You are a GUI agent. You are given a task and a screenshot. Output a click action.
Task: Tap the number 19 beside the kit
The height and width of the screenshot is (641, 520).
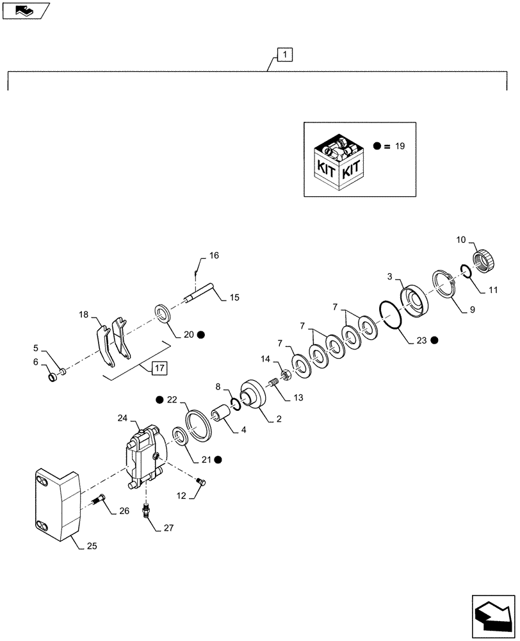click(400, 146)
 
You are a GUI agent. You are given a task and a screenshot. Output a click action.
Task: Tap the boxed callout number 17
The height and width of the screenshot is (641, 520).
click(159, 368)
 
